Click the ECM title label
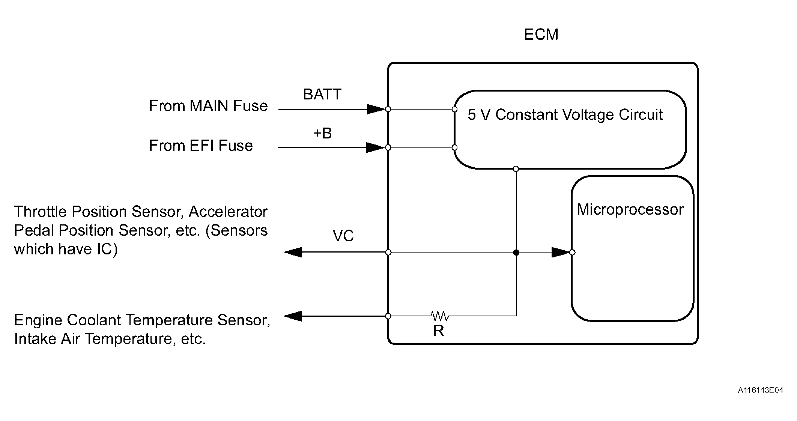541,35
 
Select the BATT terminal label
322,94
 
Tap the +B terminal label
322,133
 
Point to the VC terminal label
343,236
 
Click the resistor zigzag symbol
439,316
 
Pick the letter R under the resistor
439,331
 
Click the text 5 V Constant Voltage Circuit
565,114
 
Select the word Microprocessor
630,209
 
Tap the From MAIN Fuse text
208,106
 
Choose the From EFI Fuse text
201,146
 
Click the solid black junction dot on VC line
516,253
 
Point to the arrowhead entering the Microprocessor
561,252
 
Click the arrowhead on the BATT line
376,109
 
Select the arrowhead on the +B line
376,147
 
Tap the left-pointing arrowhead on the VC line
293,252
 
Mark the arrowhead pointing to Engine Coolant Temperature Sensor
292,316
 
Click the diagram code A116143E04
760,390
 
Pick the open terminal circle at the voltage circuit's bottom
516,169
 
